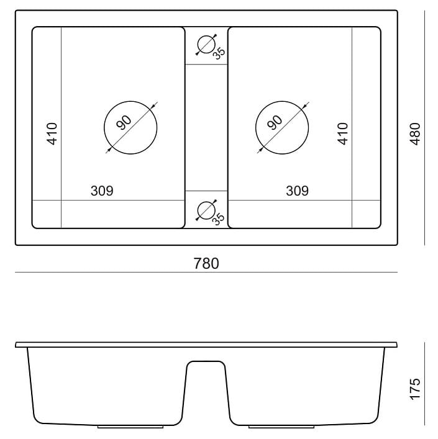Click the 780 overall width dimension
pos(206,263)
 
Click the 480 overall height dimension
pos(415,134)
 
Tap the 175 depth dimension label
pos(415,389)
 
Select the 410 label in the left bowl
pos(52,134)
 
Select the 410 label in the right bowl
pos(342,134)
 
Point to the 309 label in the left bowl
pos(102,191)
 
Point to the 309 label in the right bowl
pos(297,191)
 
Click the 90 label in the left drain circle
pos(124,122)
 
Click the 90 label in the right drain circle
pos(275,122)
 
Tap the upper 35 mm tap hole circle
pos(206,36)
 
